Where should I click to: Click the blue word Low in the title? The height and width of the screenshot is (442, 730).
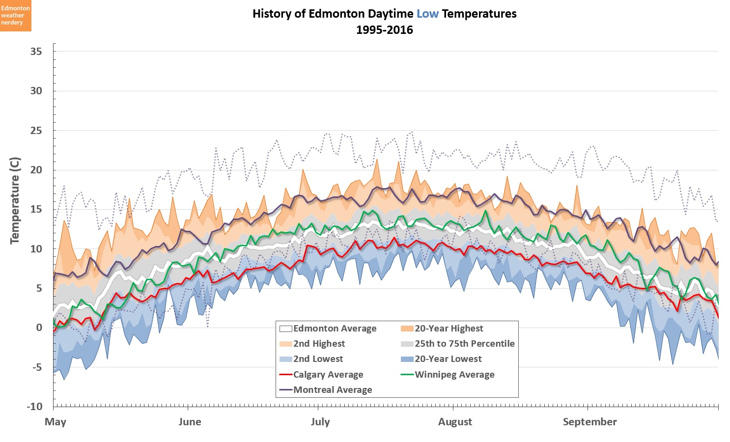pyautogui.click(x=427, y=14)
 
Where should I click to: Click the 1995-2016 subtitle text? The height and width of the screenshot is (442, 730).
pyautogui.click(x=385, y=30)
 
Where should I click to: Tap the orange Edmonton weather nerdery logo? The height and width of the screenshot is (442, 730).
pyautogui.click(x=15, y=16)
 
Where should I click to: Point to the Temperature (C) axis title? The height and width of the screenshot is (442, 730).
pyautogui.click(x=15, y=200)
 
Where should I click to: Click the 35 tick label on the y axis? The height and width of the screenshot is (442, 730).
pyautogui.click(x=36, y=52)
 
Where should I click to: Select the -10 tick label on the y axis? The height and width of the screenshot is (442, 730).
pyautogui.click(x=34, y=407)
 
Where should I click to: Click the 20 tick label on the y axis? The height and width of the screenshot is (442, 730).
pyautogui.click(x=36, y=170)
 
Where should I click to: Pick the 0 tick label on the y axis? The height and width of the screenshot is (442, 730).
pyautogui.click(x=39, y=328)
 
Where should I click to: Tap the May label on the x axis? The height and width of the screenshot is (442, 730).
pyautogui.click(x=55, y=422)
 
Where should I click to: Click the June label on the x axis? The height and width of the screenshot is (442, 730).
pyautogui.click(x=190, y=422)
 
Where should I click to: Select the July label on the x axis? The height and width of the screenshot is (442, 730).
pyautogui.click(x=320, y=422)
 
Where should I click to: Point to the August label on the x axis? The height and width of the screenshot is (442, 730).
pyautogui.click(x=455, y=422)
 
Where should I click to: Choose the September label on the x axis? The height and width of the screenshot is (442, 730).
pyautogui.click(x=590, y=422)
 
